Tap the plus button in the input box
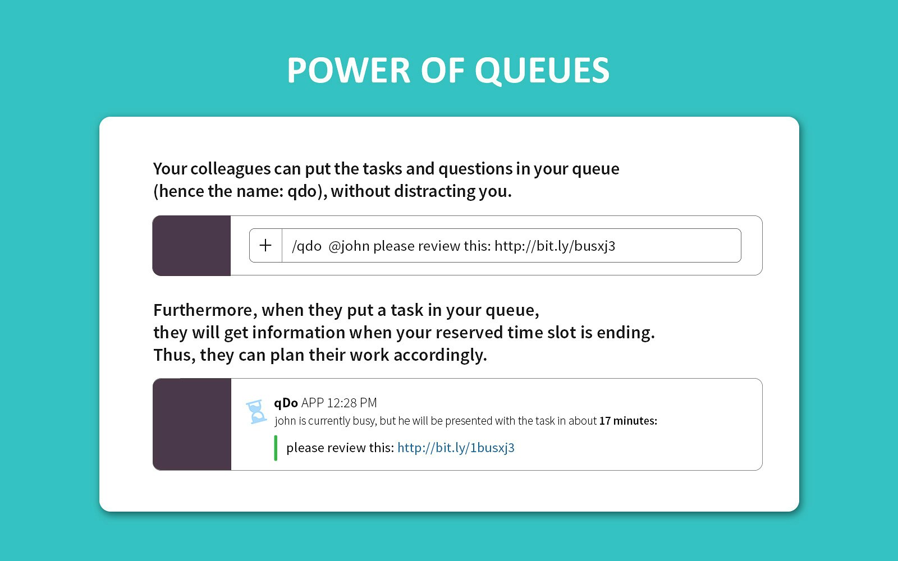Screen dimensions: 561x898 (265, 245)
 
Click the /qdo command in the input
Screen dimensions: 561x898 (306, 246)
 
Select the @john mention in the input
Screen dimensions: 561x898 (349, 246)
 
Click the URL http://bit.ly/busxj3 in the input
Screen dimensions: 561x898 (555, 246)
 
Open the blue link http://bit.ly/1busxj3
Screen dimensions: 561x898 (456, 448)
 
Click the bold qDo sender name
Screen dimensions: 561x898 (286, 403)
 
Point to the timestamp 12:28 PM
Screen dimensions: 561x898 (351, 403)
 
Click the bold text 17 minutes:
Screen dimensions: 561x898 (627, 421)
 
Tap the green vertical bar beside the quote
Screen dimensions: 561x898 (276, 448)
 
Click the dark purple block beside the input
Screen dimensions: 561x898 (191, 246)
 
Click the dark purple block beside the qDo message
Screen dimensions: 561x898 (192, 424)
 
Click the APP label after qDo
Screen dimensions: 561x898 (312, 403)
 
